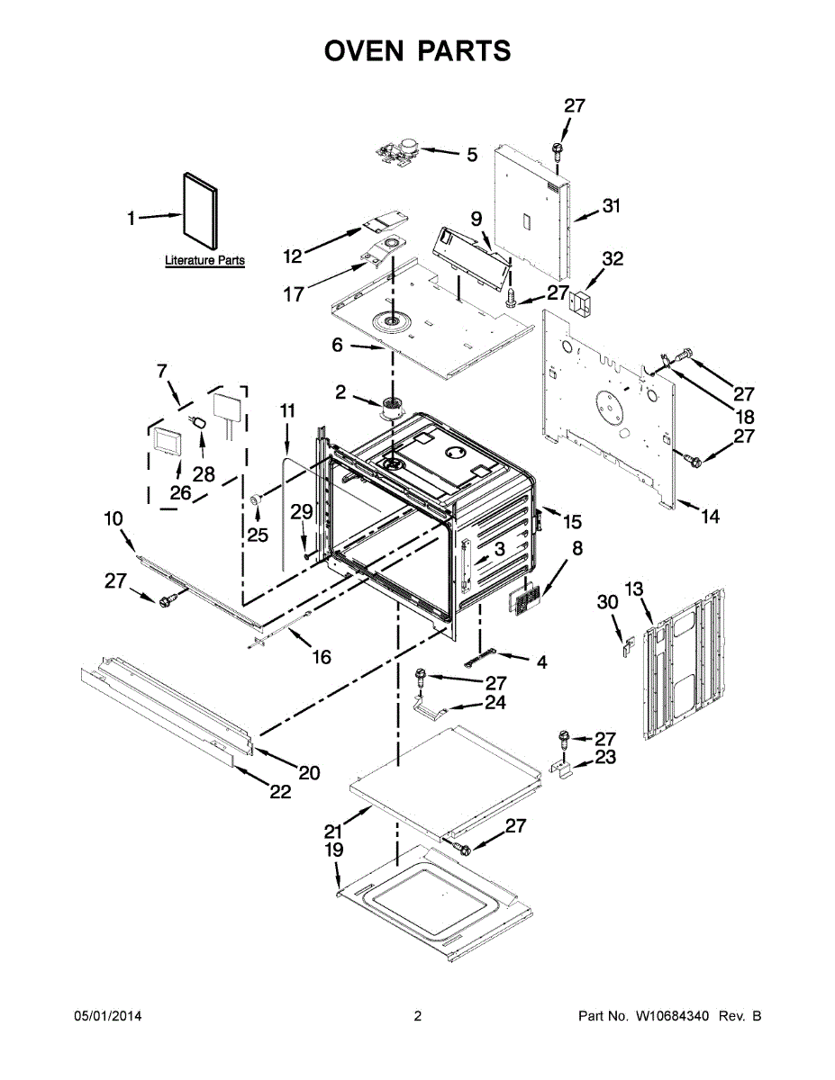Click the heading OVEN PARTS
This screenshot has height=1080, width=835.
pos(417,51)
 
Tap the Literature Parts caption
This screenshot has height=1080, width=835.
pos(204,261)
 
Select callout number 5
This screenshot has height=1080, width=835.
pos(472,155)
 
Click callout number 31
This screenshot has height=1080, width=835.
pos(612,206)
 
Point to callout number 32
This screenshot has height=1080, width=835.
pos(613,259)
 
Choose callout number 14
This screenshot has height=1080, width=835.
pos(711,517)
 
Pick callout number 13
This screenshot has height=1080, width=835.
pos(635,589)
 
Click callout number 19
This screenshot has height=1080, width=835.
pos(334,850)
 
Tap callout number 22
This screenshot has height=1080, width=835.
pos(280,792)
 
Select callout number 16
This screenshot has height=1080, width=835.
pos(321,657)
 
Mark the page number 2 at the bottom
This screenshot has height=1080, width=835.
pos(417,1016)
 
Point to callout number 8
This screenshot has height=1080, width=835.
pos(577,547)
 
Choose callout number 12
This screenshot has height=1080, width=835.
pos(293,256)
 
